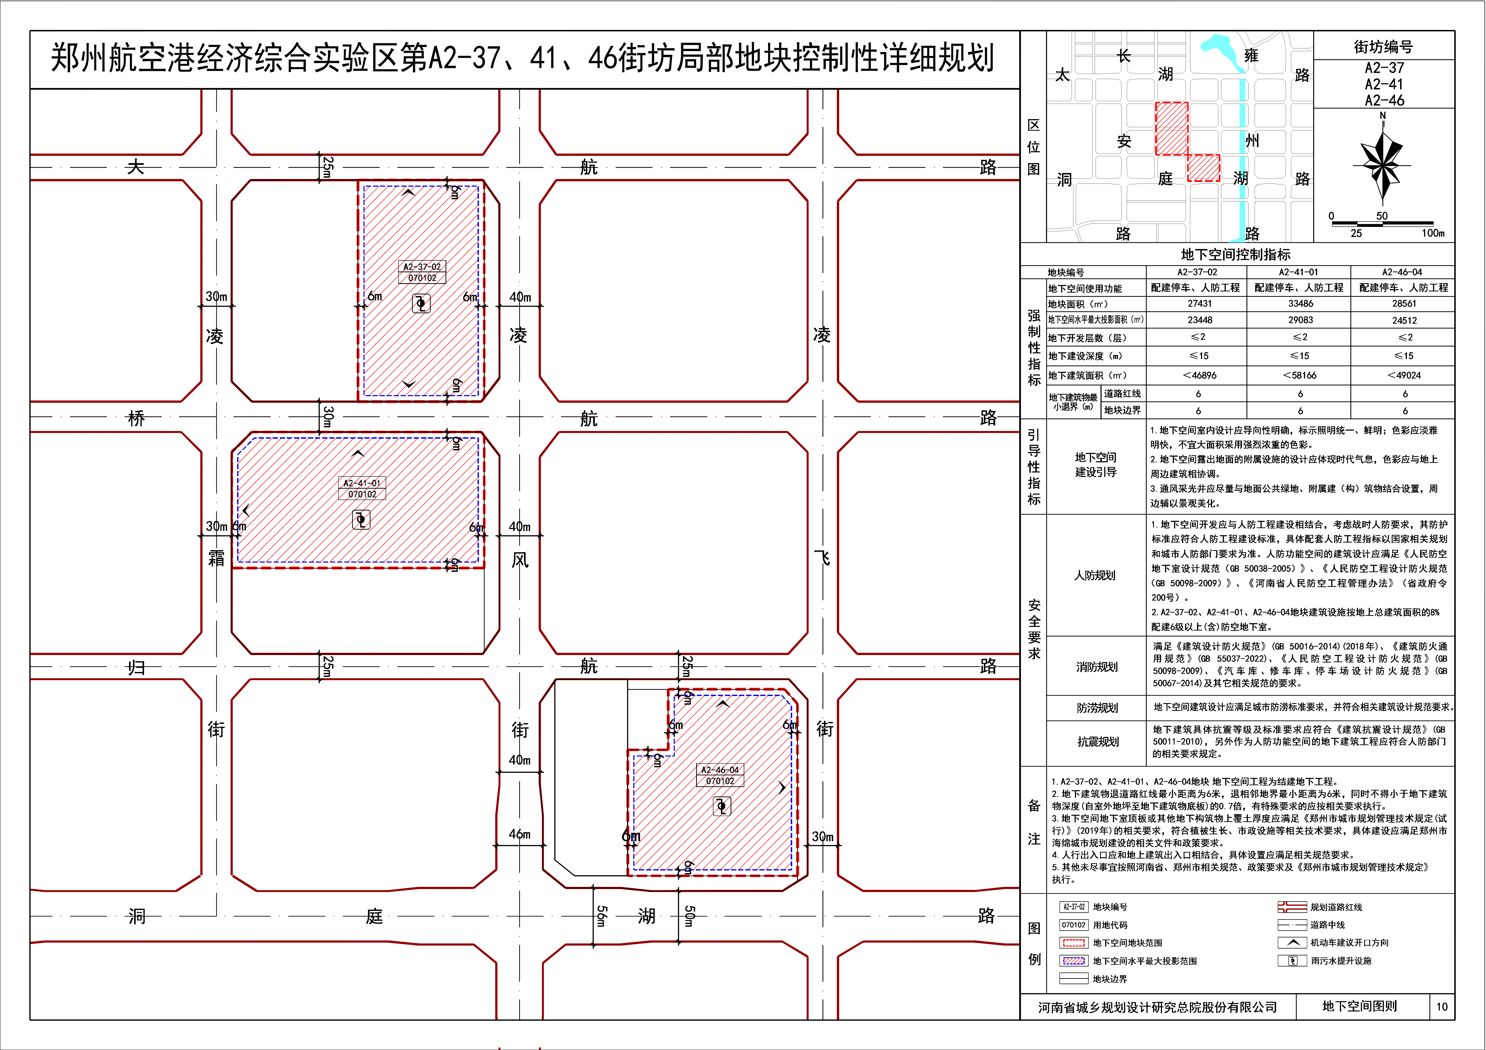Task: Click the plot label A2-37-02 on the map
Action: [422, 267]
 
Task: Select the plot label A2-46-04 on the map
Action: [720, 770]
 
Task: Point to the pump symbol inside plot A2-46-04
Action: [722, 806]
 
